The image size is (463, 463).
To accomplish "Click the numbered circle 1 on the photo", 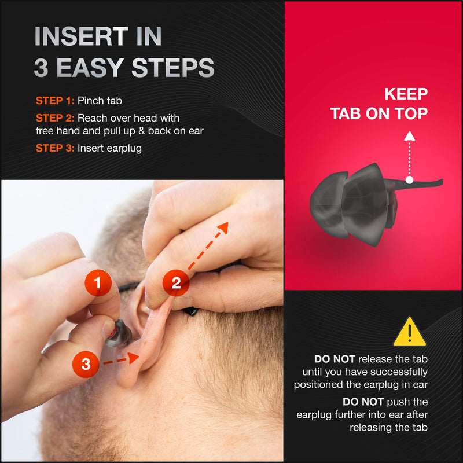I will [x=98, y=283].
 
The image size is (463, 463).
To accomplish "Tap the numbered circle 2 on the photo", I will [x=177, y=283].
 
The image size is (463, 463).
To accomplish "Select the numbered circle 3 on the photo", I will [x=86, y=364].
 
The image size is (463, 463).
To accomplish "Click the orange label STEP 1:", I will [x=55, y=101].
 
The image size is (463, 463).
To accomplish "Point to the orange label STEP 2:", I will [x=55, y=118].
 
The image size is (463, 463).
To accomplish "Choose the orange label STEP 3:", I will [x=55, y=148].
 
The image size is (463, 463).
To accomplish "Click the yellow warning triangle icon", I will [x=410, y=332].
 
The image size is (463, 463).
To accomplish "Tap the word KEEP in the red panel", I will [x=406, y=94].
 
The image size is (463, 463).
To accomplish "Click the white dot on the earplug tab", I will [x=409, y=180].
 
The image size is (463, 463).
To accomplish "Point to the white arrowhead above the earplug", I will [x=409, y=137].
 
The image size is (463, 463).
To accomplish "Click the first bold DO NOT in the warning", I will [x=333, y=359].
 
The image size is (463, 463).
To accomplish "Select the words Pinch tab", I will [x=100, y=101].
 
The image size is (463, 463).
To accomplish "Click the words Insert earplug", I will [x=109, y=148].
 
